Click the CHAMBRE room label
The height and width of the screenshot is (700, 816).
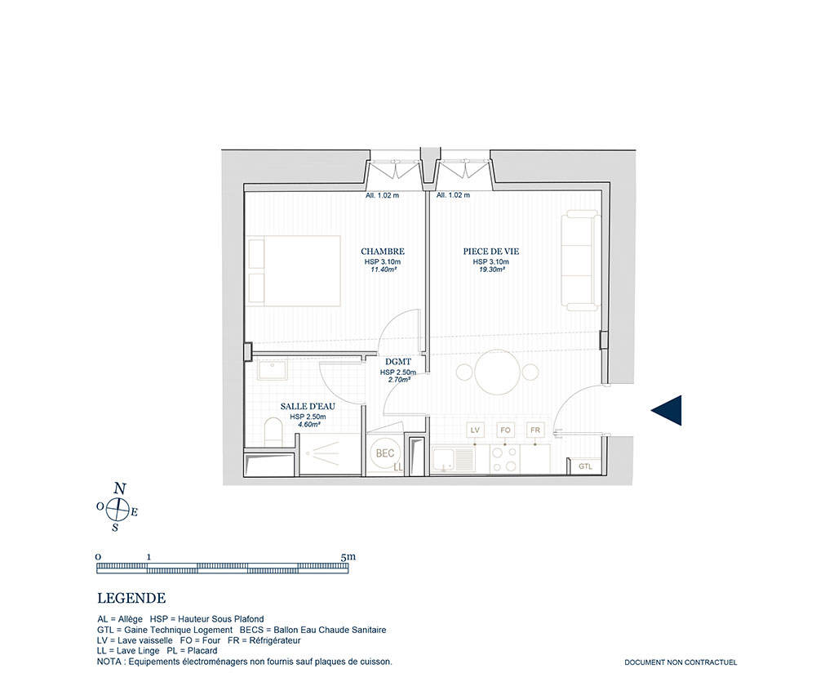383,252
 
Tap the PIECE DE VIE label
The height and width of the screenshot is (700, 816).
490,252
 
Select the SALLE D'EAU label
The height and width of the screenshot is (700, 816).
308,406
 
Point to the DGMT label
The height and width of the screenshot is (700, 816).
398,362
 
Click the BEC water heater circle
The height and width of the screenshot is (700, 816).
385,453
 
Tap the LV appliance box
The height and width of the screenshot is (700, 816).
475,430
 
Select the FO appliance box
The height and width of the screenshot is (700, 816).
505,430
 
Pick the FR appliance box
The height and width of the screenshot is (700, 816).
535,430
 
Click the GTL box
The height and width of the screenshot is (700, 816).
585,466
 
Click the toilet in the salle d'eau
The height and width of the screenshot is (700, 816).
273,432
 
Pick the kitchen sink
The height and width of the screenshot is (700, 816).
453,459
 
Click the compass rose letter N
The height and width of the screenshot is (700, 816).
120,488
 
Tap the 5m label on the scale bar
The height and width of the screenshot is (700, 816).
348,556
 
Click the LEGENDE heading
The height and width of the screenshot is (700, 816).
131,599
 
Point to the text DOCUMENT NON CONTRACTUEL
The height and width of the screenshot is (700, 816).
681,662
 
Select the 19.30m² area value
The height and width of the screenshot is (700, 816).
491,270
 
